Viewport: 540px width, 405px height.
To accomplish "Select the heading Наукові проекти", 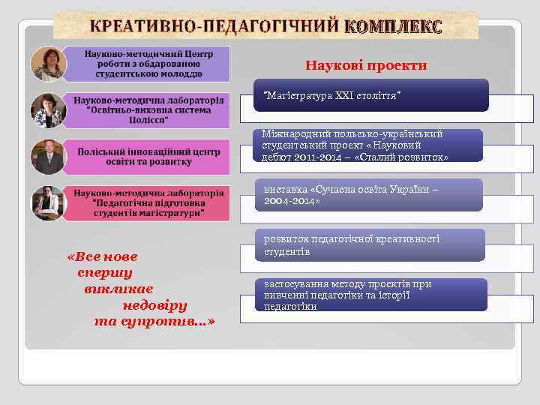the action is (x=366, y=65).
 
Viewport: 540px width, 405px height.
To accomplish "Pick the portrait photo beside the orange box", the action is (x=46, y=110).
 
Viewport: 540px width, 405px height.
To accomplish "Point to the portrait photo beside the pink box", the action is (x=46, y=157).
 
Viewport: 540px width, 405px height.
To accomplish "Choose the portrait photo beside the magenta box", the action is (x=46, y=203).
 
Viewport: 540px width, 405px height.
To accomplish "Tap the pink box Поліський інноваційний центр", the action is (x=148, y=156).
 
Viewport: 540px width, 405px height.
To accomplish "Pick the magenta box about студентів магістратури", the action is (x=148, y=202).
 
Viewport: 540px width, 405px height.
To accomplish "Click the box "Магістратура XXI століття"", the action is (x=370, y=95).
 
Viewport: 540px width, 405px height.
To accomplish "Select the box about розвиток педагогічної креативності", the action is (x=370, y=245).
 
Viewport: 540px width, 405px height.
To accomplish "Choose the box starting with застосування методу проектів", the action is (x=370, y=295).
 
